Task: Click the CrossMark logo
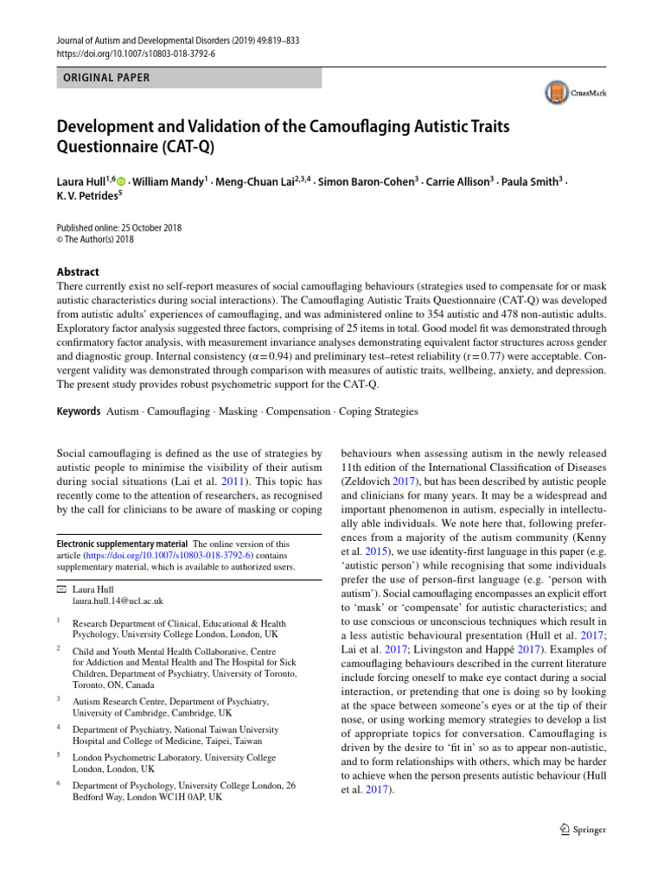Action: pos(575,92)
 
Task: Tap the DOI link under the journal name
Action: pos(137,53)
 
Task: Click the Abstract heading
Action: pos(78,271)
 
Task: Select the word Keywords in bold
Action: pos(79,411)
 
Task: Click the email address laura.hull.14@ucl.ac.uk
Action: pos(118,600)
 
